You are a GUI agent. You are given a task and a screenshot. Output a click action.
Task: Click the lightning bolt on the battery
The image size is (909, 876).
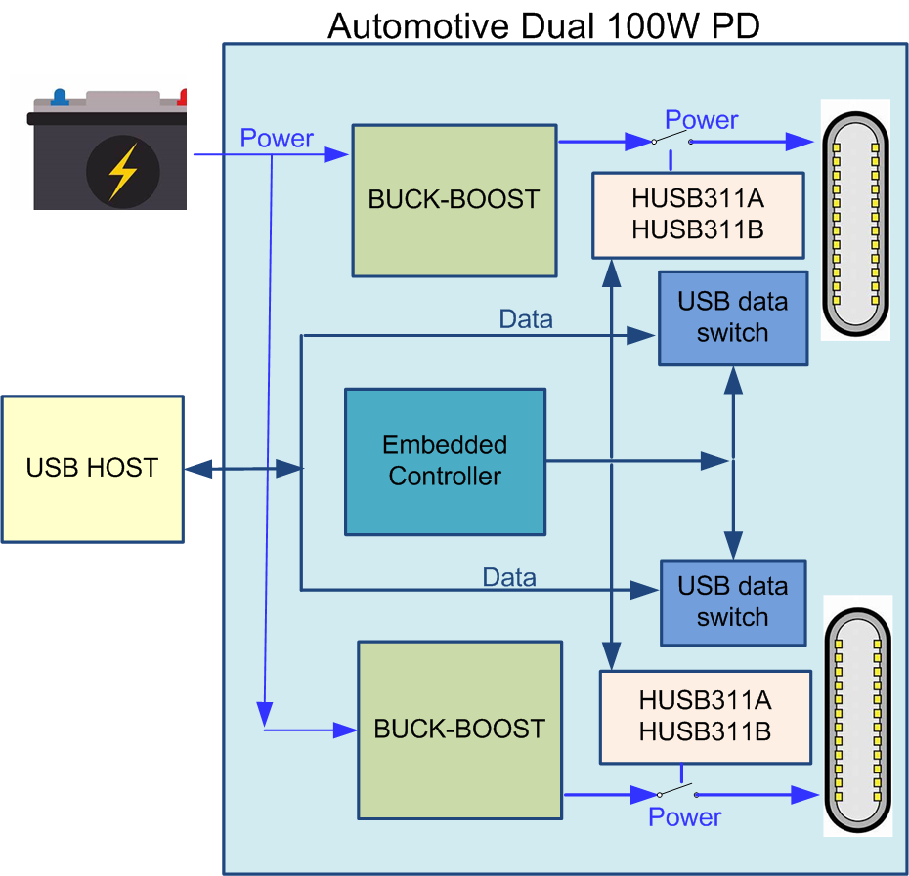tap(123, 172)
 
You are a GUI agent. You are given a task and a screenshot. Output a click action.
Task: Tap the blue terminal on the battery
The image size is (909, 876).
tap(59, 97)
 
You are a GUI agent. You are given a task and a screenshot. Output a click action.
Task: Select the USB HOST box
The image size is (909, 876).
tap(93, 469)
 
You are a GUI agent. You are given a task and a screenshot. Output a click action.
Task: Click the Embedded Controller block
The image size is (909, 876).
tap(446, 462)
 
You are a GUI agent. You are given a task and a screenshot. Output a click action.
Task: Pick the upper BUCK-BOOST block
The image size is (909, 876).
tap(454, 200)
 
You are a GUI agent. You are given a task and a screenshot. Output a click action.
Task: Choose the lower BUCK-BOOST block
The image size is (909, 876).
tap(460, 730)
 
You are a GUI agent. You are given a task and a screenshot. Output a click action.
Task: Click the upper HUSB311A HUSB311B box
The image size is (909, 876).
tap(698, 215)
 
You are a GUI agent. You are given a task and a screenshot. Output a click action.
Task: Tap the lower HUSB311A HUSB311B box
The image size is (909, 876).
tap(706, 717)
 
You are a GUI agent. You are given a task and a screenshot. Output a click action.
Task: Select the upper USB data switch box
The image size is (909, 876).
tap(733, 318)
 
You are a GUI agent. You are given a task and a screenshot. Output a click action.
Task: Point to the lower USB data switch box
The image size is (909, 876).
tap(733, 603)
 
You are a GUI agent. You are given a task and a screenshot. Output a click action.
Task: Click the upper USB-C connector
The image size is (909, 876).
tap(855, 224)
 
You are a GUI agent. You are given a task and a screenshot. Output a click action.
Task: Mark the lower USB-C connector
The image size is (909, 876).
tap(858, 720)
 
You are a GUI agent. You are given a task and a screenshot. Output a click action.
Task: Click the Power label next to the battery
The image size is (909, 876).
tap(277, 138)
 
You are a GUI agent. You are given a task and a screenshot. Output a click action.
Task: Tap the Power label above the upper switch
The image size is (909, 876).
tap(702, 120)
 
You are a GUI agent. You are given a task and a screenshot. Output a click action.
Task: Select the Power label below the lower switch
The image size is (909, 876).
tap(684, 816)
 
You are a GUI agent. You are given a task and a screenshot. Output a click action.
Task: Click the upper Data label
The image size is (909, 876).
tap(526, 319)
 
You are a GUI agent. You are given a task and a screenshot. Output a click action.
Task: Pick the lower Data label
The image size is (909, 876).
tap(509, 577)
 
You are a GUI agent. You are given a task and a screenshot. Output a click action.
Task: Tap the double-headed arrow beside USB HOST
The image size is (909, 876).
tap(243, 469)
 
